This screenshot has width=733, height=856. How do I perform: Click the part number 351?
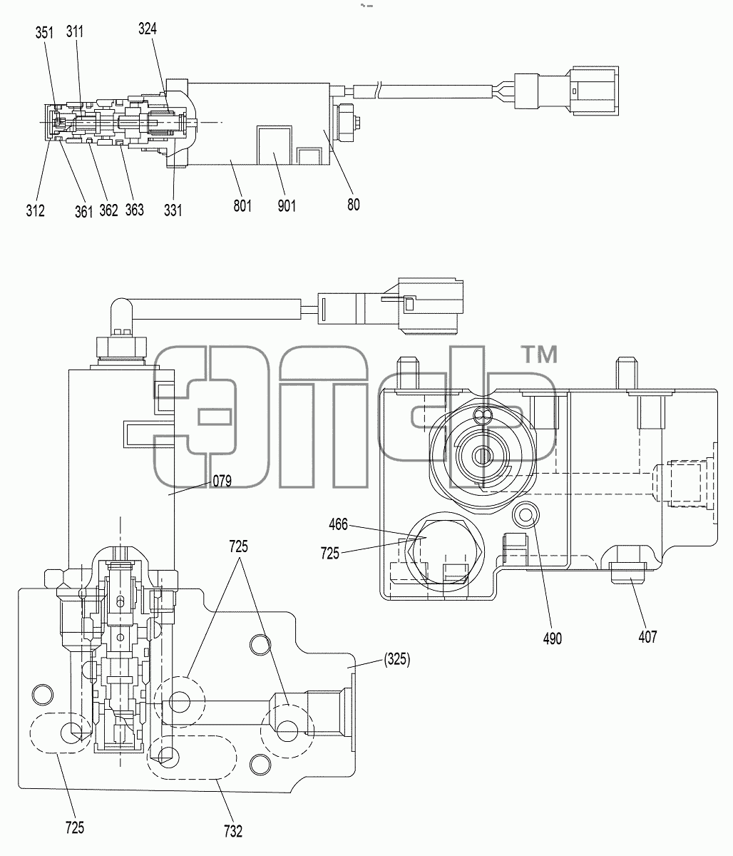(x=44, y=33)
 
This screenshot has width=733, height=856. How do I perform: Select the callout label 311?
(x=75, y=31)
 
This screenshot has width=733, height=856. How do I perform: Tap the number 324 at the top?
(x=148, y=29)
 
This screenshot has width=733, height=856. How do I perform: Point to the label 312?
(x=35, y=211)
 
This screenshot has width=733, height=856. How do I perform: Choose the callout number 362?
(x=109, y=210)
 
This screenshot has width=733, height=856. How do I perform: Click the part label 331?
(x=173, y=210)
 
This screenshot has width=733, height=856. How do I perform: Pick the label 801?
(x=242, y=206)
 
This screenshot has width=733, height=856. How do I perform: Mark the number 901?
(x=287, y=206)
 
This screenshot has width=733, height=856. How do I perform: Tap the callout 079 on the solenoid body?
(x=222, y=481)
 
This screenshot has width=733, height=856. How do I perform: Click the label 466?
(x=338, y=525)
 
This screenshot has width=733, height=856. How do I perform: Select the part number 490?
(x=553, y=638)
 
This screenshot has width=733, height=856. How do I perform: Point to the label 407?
(x=647, y=637)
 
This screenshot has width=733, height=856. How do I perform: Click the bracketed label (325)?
(x=397, y=659)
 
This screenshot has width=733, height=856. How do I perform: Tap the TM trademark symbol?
(x=540, y=355)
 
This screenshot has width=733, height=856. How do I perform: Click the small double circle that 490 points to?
(x=526, y=515)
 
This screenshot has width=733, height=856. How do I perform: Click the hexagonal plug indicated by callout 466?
(x=445, y=551)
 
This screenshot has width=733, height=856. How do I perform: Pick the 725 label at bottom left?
(x=75, y=828)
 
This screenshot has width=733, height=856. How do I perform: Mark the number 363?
(x=135, y=210)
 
